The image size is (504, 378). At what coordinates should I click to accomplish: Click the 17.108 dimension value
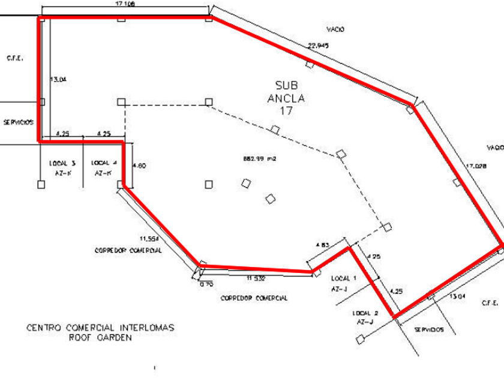(125, 4)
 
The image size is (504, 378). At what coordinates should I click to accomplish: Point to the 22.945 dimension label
(318, 46)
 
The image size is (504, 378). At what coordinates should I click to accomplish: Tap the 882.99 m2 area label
(259, 159)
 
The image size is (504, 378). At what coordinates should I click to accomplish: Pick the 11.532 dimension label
(256, 278)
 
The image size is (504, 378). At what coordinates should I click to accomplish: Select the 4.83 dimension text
(322, 245)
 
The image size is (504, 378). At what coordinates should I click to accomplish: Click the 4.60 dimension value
(138, 166)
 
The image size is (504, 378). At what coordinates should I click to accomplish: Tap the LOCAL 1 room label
(344, 278)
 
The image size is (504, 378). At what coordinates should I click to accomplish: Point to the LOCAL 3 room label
(61, 163)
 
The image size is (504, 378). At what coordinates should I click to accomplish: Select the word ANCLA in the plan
(286, 98)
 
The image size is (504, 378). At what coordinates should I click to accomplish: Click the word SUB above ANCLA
(286, 86)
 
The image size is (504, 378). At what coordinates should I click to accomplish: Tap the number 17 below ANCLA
(286, 110)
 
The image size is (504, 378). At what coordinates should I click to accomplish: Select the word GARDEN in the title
(116, 337)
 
